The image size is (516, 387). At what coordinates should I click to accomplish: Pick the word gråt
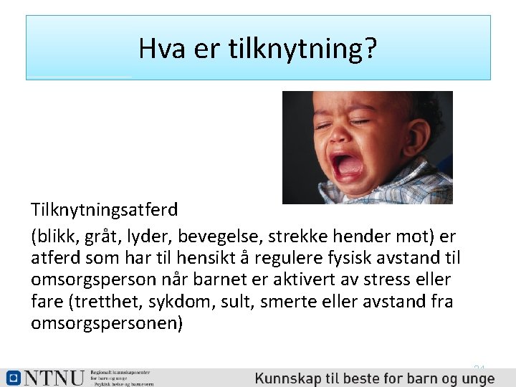click(x=104, y=236)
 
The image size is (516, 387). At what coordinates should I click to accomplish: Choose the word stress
click(x=387, y=279)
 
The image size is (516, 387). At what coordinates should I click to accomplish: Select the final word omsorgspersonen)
click(x=107, y=323)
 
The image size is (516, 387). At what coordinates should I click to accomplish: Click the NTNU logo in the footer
click(x=44, y=378)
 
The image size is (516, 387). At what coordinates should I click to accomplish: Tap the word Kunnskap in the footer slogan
click(x=287, y=378)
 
